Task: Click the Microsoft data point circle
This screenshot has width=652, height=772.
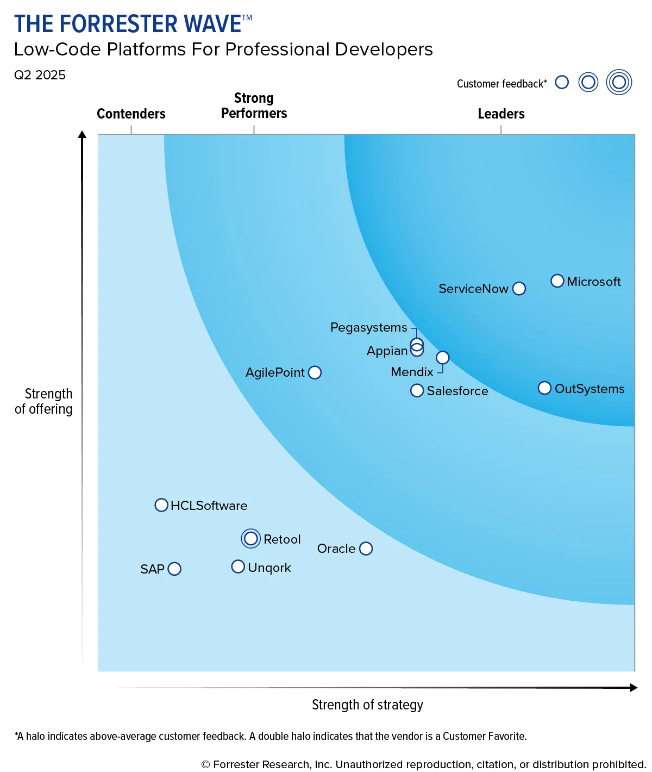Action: [x=557, y=281]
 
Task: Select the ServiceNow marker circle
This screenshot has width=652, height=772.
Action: [x=519, y=288]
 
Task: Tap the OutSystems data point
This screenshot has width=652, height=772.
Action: [x=544, y=388]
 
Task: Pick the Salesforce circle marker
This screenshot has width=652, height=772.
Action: [x=417, y=390]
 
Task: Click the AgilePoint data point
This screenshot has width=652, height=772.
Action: [x=315, y=372]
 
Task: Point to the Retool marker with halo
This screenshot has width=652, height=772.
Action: [x=251, y=539]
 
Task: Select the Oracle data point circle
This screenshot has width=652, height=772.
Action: [x=366, y=549]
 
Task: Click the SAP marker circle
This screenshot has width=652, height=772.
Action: [x=174, y=569]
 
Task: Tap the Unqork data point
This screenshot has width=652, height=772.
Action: [x=238, y=566]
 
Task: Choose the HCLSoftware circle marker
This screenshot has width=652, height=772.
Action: [x=161, y=505]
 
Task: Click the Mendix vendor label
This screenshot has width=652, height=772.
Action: [x=412, y=372]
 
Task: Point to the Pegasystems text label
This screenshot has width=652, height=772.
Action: [x=368, y=327]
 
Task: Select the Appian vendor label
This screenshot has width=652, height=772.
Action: [x=387, y=351]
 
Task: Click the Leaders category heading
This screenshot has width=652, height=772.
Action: [x=501, y=114]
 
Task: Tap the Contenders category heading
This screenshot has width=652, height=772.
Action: [x=131, y=114]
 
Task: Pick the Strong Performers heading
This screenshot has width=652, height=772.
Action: [x=254, y=105]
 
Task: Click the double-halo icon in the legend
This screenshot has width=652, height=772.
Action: [x=619, y=82]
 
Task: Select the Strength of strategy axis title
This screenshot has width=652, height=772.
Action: [x=367, y=705]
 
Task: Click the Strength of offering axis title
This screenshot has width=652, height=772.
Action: [x=44, y=401]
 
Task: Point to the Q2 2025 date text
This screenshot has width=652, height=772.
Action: [x=40, y=75]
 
